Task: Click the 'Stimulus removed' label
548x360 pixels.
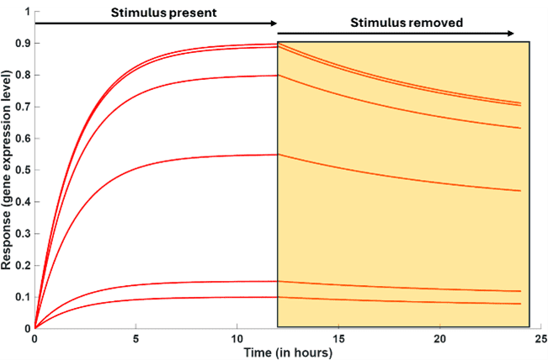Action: coord(407,24)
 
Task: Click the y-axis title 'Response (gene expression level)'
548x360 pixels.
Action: coord(7,170)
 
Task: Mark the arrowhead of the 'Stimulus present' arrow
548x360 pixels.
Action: coord(273,23)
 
